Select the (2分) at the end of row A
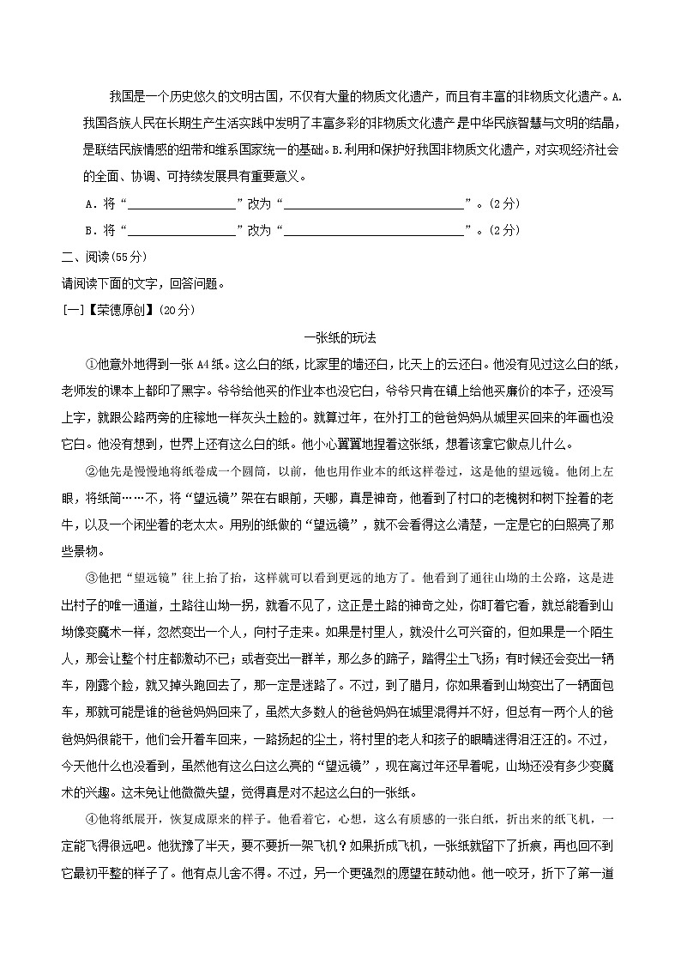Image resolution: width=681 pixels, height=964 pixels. point(503,206)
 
